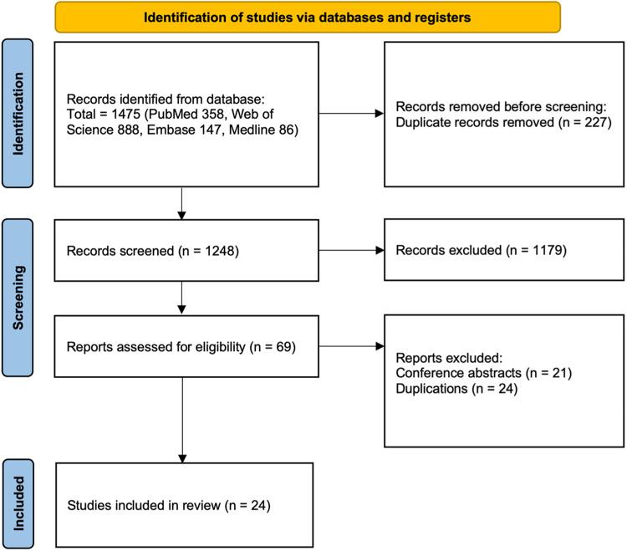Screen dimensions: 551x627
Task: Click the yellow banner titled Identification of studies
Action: pyautogui.click(x=307, y=17)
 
